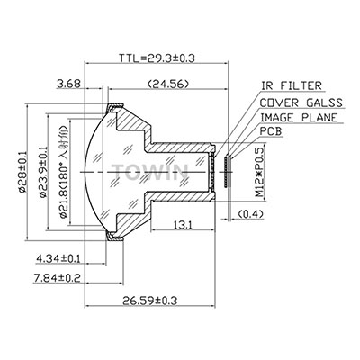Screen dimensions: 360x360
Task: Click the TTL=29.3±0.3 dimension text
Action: click(157, 58)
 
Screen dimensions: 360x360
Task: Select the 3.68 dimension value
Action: click(68, 84)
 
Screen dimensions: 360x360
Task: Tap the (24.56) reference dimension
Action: click(168, 84)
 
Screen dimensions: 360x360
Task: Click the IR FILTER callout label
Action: click(291, 85)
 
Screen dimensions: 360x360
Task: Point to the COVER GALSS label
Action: click(301, 103)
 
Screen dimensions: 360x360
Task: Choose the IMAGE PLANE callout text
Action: click(299, 118)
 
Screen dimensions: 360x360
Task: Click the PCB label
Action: click(271, 131)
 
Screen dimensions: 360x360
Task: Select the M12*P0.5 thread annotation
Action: click(259, 171)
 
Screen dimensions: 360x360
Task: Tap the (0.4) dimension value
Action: click(250, 214)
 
